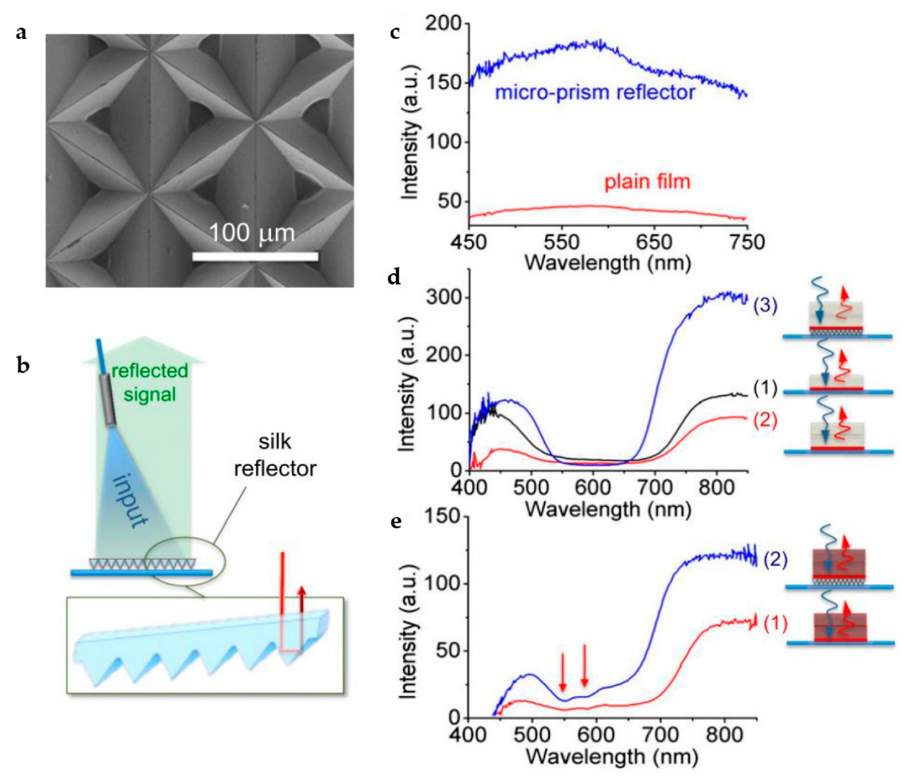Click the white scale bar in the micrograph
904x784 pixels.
tap(255, 256)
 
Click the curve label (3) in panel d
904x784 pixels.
tap(765, 306)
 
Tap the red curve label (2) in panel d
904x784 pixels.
tap(765, 420)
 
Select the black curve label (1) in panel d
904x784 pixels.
tap(765, 388)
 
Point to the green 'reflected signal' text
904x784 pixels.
tap(150, 382)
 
